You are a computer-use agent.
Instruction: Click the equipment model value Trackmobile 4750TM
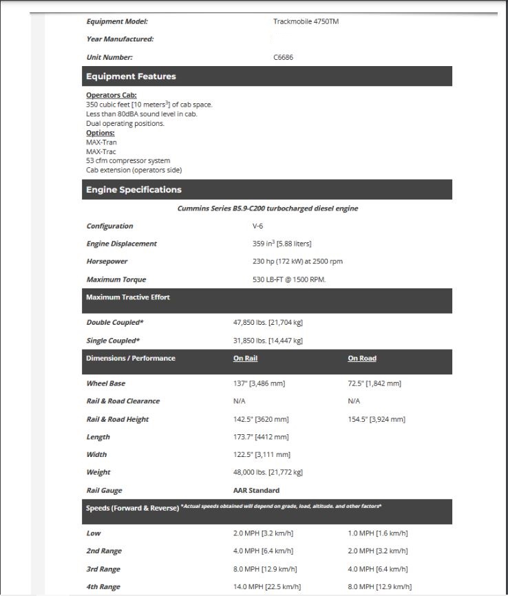[306, 21]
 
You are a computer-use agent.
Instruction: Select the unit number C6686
[283, 57]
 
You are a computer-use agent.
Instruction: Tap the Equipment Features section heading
[130, 76]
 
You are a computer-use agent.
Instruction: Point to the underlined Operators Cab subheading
[112, 95]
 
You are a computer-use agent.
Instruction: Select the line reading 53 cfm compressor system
[128, 160]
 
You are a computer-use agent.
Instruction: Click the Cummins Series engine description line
[268, 208]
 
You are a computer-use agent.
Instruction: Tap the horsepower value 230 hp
[297, 262]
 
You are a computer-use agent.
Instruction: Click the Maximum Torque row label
[116, 279]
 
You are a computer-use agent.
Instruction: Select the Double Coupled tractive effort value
[268, 322]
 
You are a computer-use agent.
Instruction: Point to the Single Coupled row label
[113, 340]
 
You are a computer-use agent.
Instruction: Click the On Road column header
[362, 358]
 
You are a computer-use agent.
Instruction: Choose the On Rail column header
[245, 358]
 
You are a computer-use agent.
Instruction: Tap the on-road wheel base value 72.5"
[374, 383]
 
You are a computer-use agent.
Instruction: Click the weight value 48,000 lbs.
[268, 472]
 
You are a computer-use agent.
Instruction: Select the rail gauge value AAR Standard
[256, 490]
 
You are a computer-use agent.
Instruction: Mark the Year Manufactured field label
[120, 39]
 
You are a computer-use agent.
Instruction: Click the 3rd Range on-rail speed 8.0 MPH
[265, 568]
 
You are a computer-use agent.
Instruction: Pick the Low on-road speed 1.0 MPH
[378, 533]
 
